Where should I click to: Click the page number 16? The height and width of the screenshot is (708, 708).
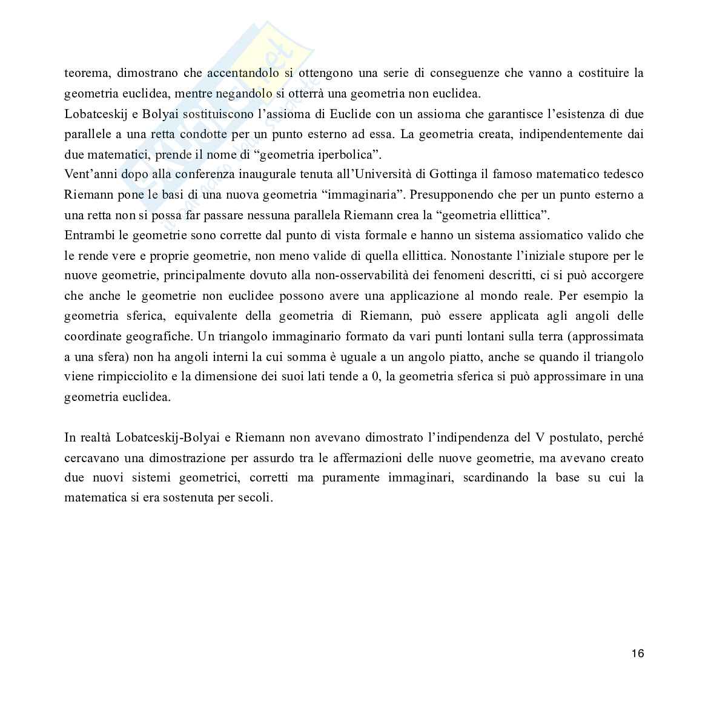pos(637,653)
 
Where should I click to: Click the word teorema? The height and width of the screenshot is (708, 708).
pos(86,73)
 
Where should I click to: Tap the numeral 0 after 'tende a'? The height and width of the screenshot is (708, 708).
pos(375,376)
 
